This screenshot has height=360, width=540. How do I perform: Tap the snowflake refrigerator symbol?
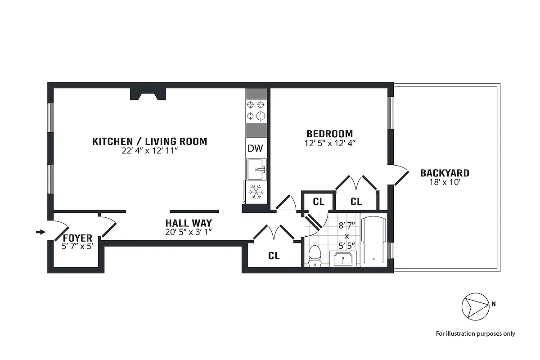pos(256,192)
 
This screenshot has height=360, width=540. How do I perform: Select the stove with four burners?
pos(256,110)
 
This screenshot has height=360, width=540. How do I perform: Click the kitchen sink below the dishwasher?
pos(256,169)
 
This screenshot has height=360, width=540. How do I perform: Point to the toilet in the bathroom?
pos(315,256)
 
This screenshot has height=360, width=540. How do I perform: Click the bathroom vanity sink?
pos(344,260)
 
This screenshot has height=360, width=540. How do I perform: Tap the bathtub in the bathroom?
pos(373,241)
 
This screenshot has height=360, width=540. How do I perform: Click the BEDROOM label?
pos(329,134)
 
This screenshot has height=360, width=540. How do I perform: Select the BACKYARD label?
pos(444,173)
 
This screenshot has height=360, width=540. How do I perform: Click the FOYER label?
pos(77,238)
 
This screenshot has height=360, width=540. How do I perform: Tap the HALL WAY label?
pos(188,223)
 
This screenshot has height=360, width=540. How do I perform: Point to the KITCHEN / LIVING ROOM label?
pos(149,141)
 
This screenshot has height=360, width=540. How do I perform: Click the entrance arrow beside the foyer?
pos(40,232)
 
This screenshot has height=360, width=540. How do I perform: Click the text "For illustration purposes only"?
pos(475,334)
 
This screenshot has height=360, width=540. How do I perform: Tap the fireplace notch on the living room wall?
pos(148,94)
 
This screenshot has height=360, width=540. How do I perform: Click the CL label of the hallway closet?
pos(274,256)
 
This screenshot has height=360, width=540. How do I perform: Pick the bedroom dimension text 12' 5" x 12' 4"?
pos(329,144)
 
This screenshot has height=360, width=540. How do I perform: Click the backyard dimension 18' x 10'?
pos(444,182)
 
